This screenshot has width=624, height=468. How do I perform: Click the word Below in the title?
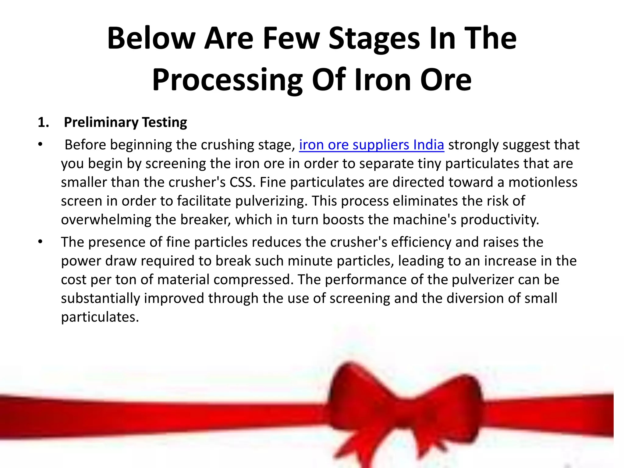pyautogui.click(x=151, y=38)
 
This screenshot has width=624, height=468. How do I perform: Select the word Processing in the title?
pyautogui.click(x=227, y=80)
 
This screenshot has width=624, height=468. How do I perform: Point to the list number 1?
pyautogui.click(x=43, y=122)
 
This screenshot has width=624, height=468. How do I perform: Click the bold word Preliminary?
pyautogui.click(x=101, y=122)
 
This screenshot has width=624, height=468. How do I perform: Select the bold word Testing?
pyautogui.click(x=165, y=122)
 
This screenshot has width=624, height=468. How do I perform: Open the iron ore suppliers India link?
pyautogui.click(x=371, y=145)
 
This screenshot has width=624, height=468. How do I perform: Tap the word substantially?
pyautogui.click(x=100, y=298)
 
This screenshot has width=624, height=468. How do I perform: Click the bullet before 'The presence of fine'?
pyautogui.click(x=40, y=242)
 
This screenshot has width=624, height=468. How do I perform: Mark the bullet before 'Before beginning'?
pyautogui.click(x=40, y=144)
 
